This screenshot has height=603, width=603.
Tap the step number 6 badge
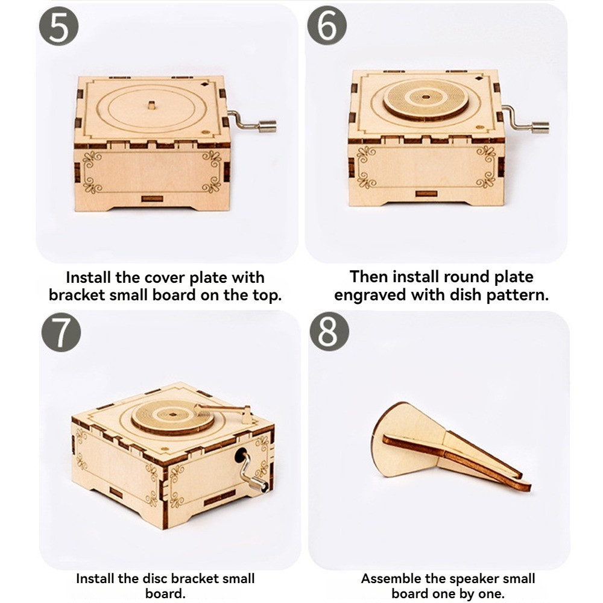[x=327, y=25]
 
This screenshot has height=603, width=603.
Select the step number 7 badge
[x=61, y=332]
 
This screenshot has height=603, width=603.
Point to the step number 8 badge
[x=329, y=331]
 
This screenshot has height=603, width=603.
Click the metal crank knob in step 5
[x=267, y=127]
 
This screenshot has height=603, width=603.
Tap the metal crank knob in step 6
[x=540, y=127]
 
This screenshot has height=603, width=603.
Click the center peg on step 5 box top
[x=151, y=105]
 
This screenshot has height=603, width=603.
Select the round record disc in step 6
[x=425, y=100]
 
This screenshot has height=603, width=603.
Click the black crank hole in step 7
[x=241, y=455]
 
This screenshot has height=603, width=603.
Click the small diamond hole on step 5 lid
[x=203, y=84]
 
